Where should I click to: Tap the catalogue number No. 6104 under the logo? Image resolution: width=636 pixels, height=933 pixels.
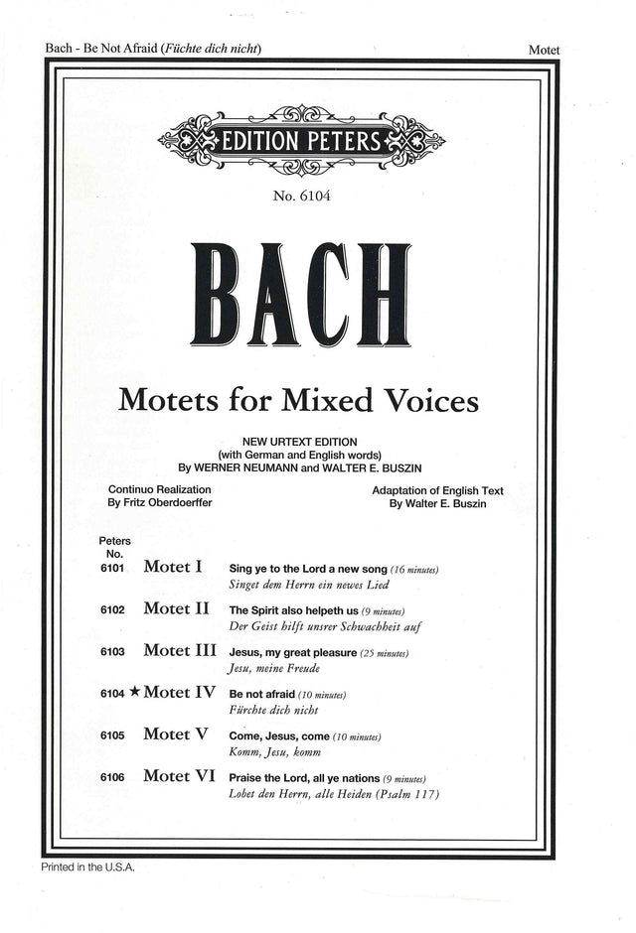[301, 196]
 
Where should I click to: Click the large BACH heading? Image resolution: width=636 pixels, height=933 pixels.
[301, 295]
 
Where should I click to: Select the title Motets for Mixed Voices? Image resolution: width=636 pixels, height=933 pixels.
[298, 401]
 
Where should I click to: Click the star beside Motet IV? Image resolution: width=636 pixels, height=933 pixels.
[134, 694]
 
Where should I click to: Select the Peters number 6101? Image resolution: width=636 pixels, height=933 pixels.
[112, 569]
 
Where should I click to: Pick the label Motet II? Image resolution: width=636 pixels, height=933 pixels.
[176, 608]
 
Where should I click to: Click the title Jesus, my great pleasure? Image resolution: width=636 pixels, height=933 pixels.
[292, 652]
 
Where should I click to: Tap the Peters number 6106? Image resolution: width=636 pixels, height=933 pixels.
[112, 778]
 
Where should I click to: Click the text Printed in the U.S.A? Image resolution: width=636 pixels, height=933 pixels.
[87, 866]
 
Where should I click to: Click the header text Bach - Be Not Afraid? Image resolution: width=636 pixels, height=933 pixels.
[102, 48]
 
